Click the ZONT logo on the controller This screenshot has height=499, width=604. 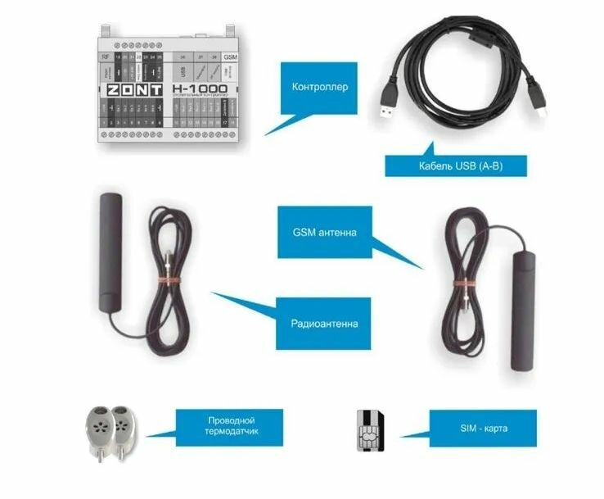pos(134,90)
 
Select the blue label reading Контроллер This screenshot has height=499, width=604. pos(313,88)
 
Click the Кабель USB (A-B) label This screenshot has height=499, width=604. pos(455,164)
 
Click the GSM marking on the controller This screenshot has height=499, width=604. pos(230,57)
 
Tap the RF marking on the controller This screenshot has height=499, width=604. pos(105,57)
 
